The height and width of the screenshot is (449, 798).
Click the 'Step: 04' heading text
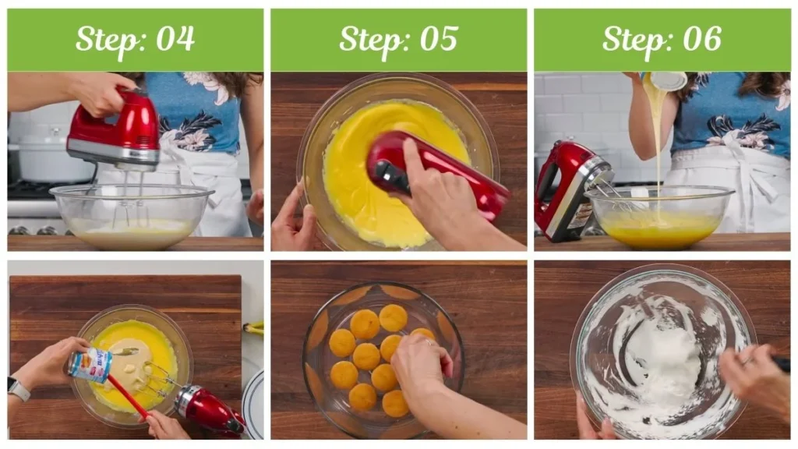[135, 39]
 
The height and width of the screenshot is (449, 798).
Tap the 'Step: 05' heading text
[398, 39]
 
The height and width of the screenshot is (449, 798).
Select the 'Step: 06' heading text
[662, 39]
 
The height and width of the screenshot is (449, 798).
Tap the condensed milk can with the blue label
[90, 364]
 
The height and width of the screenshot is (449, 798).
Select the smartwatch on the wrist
[19, 388]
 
